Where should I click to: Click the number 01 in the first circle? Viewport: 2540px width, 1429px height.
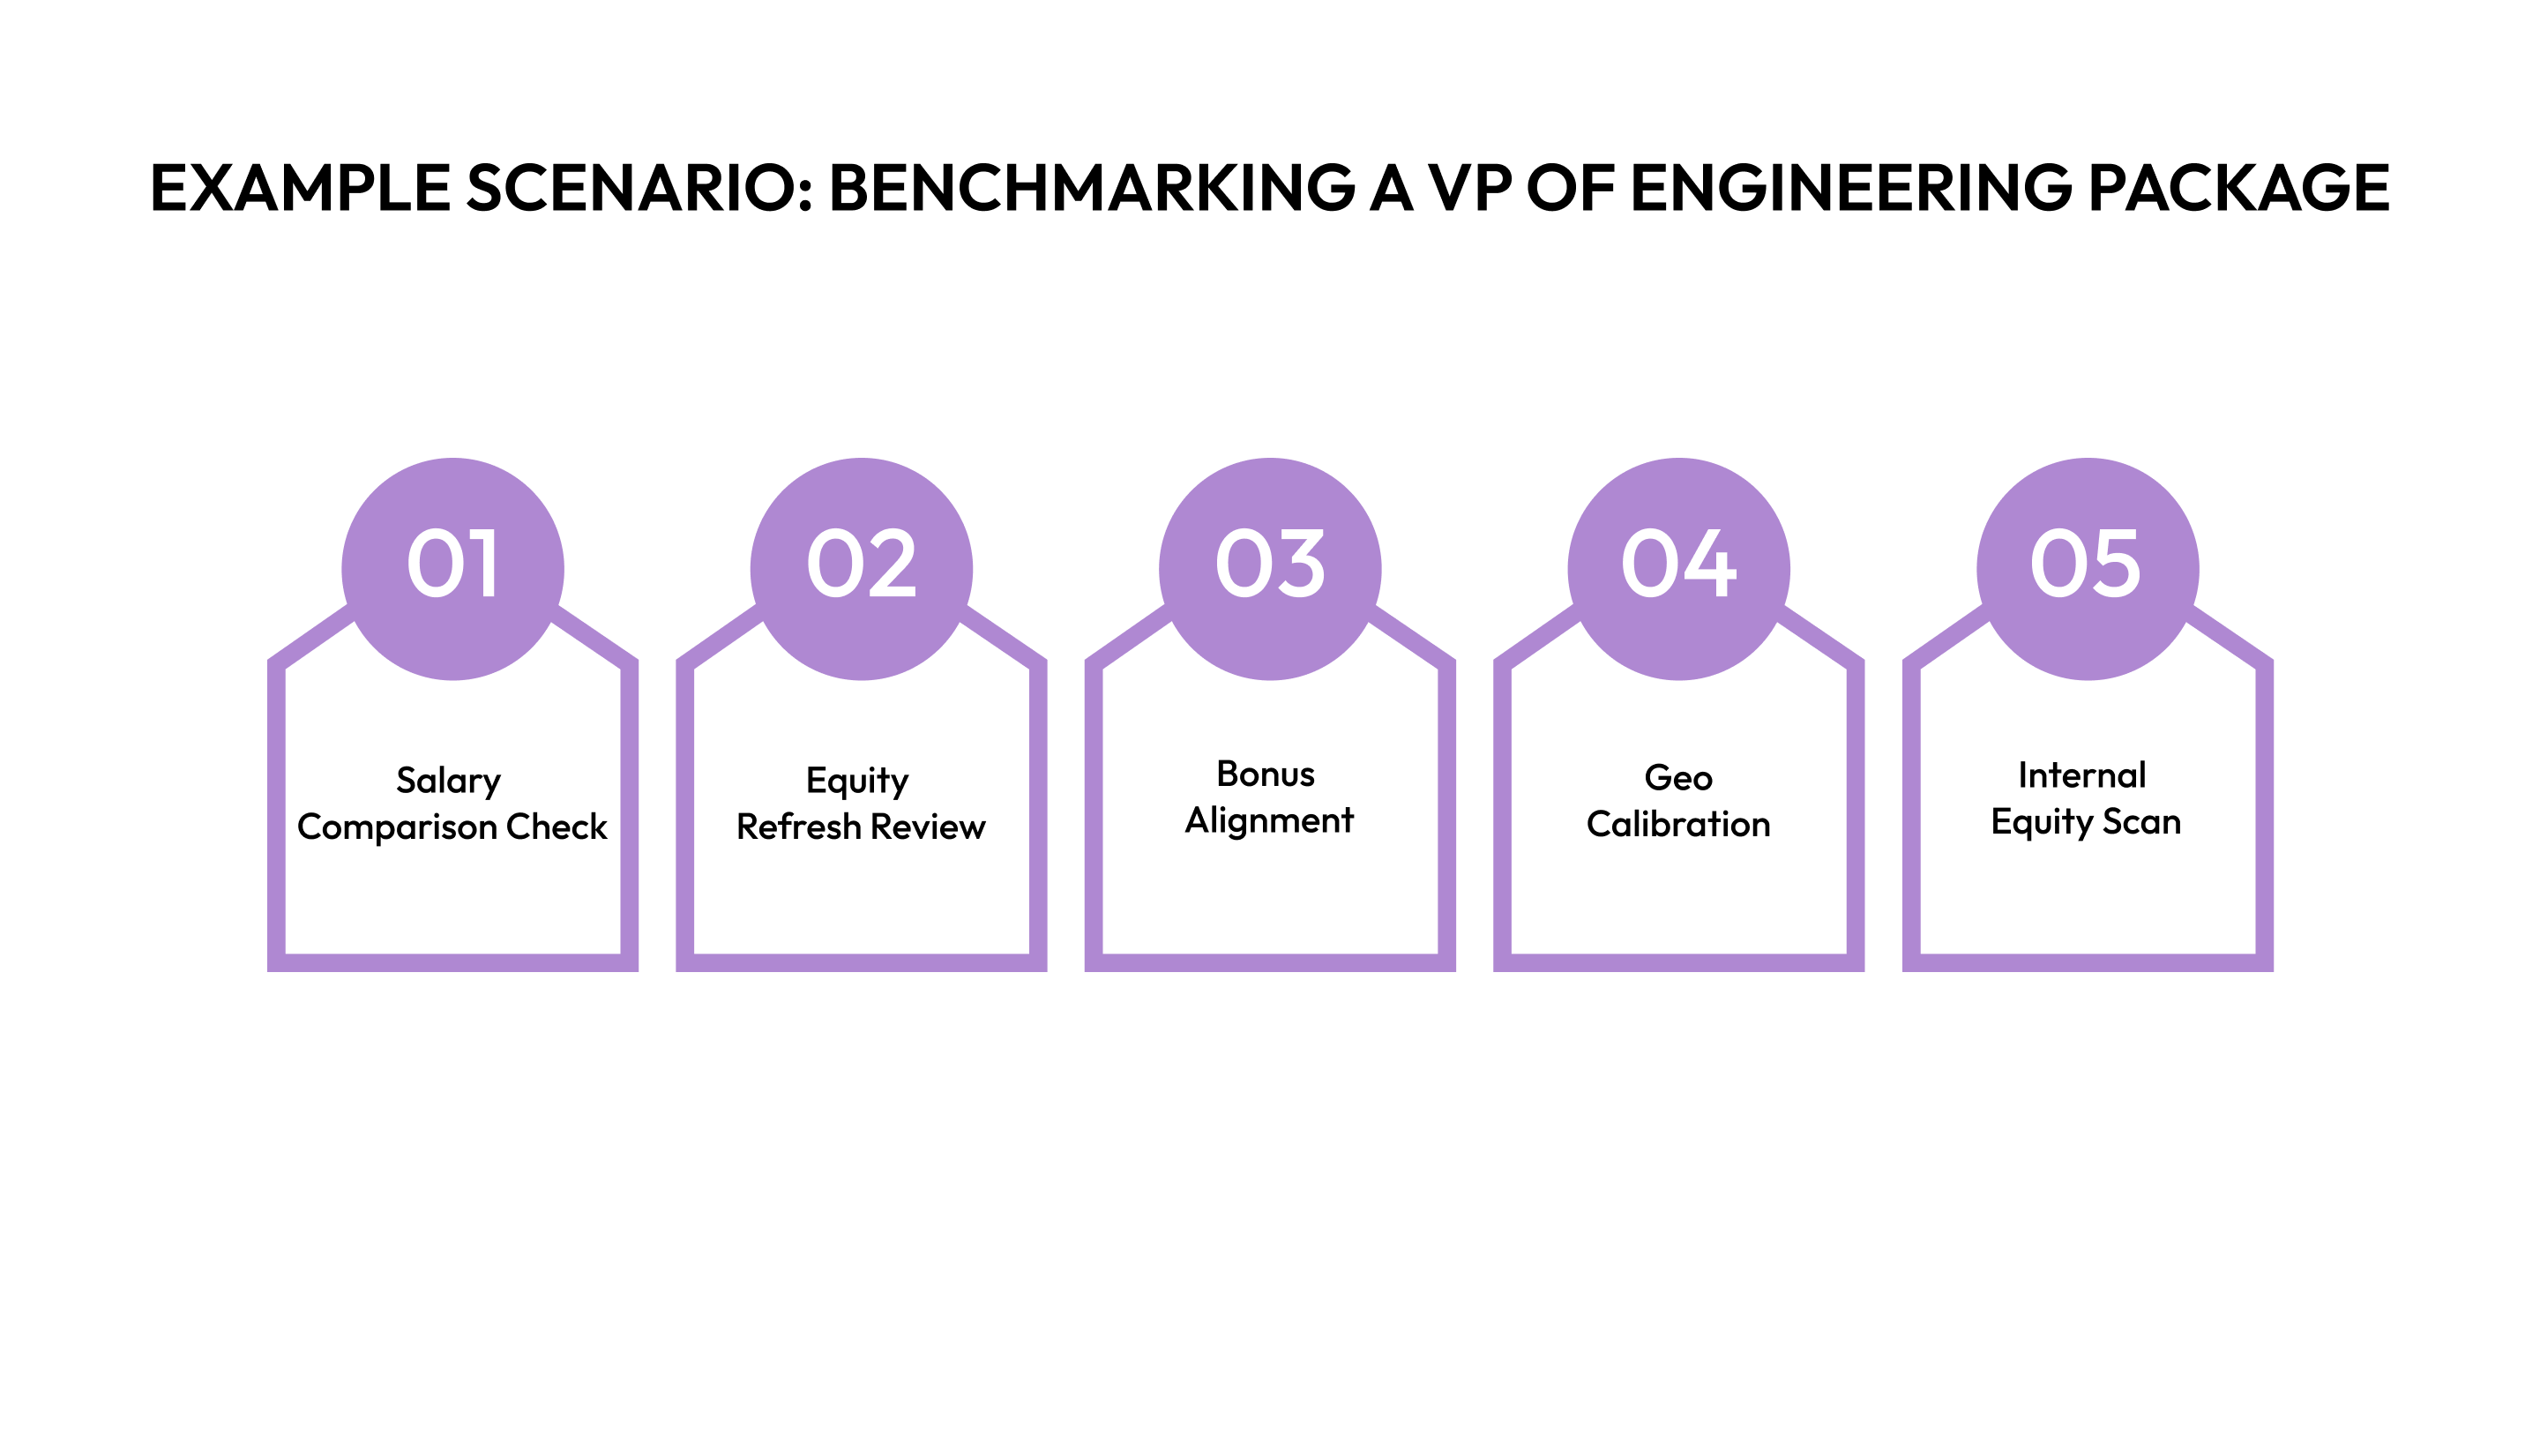point(452,565)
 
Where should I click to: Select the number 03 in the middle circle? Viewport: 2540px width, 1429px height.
point(1270,565)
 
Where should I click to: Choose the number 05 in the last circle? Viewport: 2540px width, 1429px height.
point(2087,565)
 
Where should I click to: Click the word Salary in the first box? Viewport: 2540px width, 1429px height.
point(449,781)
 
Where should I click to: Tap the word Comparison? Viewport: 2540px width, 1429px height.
point(396,827)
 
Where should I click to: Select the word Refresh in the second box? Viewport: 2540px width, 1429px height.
point(797,827)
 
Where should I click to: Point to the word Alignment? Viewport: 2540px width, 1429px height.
point(1269,820)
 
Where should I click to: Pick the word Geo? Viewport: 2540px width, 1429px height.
point(1678,778)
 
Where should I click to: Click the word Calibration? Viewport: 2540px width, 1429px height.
point(1678,825)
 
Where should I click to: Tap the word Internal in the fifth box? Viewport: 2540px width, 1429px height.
point(2081,775)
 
